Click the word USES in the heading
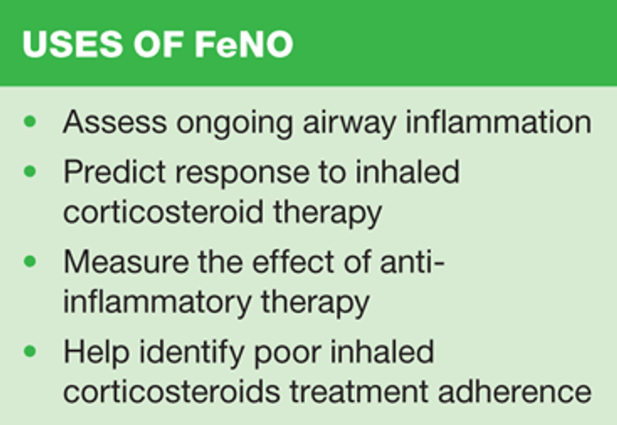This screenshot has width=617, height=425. (72, 44)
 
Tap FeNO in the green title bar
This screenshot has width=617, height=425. (244, 44)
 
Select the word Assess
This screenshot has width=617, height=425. (115, 122)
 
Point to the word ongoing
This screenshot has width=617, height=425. (234, 125)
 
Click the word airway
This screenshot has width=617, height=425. (349, 125)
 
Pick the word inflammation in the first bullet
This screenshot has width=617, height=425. (499, 122)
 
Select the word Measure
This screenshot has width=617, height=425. (126, 262)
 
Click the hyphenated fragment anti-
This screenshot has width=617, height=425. (412, 261)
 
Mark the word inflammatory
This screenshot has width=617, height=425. (157, 303)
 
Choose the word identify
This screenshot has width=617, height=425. (193, 353)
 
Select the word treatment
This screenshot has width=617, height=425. (359, 391)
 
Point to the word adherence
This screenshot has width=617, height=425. (515, 390)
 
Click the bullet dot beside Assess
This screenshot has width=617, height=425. (30, 121)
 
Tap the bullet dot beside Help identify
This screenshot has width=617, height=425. (30, 351)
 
